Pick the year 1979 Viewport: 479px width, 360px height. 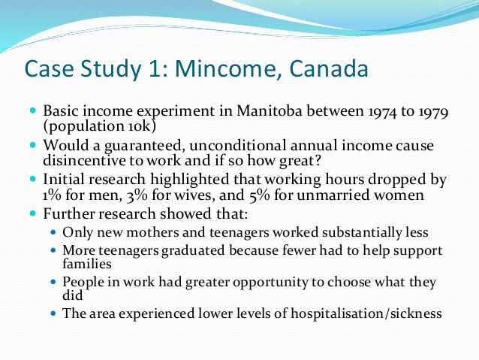tap(433, 112)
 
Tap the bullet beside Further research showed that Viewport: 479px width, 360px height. tap(33, 213)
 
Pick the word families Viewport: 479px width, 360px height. tap(87, 264)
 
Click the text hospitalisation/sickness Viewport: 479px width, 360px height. tap(366, 313)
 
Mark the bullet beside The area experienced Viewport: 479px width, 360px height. tap(53, 313)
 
